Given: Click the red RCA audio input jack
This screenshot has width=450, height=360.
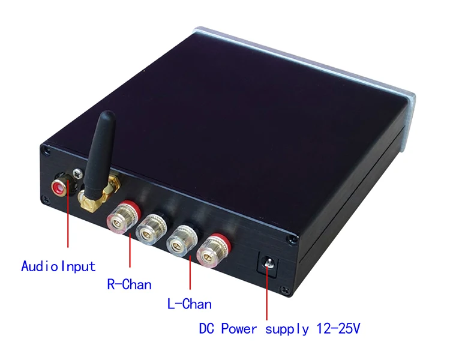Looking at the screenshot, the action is pos(59,187).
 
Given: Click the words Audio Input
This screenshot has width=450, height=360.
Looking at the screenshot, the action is pos(58,266).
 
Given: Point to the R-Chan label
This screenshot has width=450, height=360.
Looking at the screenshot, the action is pos(129,284).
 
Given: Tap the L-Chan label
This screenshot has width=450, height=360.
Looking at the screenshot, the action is pos(190,304).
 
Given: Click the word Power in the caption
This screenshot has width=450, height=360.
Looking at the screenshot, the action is pos(239,328).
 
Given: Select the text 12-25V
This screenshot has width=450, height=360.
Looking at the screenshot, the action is pos(338,328).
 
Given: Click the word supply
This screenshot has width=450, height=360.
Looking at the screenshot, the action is pos(287,329).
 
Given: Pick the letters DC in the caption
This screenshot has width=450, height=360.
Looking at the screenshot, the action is pos(206,328).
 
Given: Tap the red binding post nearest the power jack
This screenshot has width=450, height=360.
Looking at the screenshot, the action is pos(214,250).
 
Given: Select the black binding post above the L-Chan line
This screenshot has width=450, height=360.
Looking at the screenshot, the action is pos(182,240).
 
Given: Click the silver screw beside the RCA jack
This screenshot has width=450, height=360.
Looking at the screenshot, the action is pos(77,173).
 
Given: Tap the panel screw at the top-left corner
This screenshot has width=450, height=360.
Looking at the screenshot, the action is pos(46,150).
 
